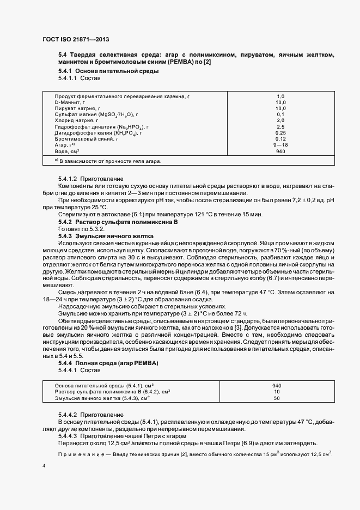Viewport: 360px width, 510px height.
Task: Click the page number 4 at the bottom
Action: pyautogui.click(x=44, y=466)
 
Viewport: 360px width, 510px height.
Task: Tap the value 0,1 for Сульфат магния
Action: pyautogui.click(x=280, y=114)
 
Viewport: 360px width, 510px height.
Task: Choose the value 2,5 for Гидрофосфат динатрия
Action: pyautogui.click(x=280, y=126)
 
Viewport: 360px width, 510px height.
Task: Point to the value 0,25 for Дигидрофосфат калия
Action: pyautogui.click(x=280, y=133)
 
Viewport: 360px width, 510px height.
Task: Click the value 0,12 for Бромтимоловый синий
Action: pyautogui.click(x=280, y=139)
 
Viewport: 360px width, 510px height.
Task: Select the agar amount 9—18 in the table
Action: pyautogui.click(x=280, y=145)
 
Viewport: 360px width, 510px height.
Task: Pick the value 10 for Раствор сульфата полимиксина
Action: pyautogui.click(x=276, y=392)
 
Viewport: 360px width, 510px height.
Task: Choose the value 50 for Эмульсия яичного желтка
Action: pyautogui.click(x=276, y=398)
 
